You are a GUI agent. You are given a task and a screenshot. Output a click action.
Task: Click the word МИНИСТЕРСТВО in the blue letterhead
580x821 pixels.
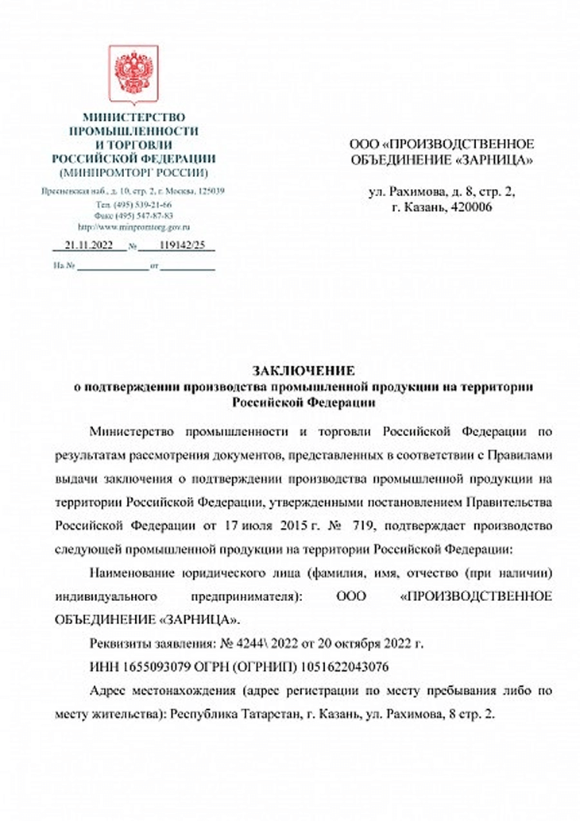click(133, 118)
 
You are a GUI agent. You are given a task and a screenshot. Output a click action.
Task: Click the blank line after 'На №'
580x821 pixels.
click(111, 266)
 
